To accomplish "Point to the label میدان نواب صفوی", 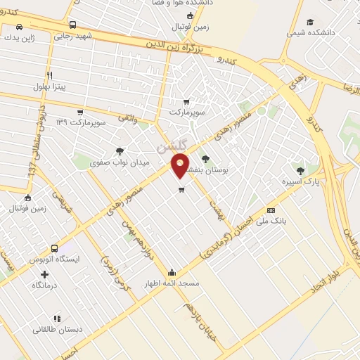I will [x=110, y=162].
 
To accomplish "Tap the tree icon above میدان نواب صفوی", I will [x=119, y=150].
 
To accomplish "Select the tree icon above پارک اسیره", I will [x=301, y=170].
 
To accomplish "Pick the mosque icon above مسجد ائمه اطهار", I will [x=172, y=273].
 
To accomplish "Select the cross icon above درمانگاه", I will [x=44, y=274].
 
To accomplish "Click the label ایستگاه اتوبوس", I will [x=54, y=259].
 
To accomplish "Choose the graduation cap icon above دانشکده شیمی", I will [x=310, y=22].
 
